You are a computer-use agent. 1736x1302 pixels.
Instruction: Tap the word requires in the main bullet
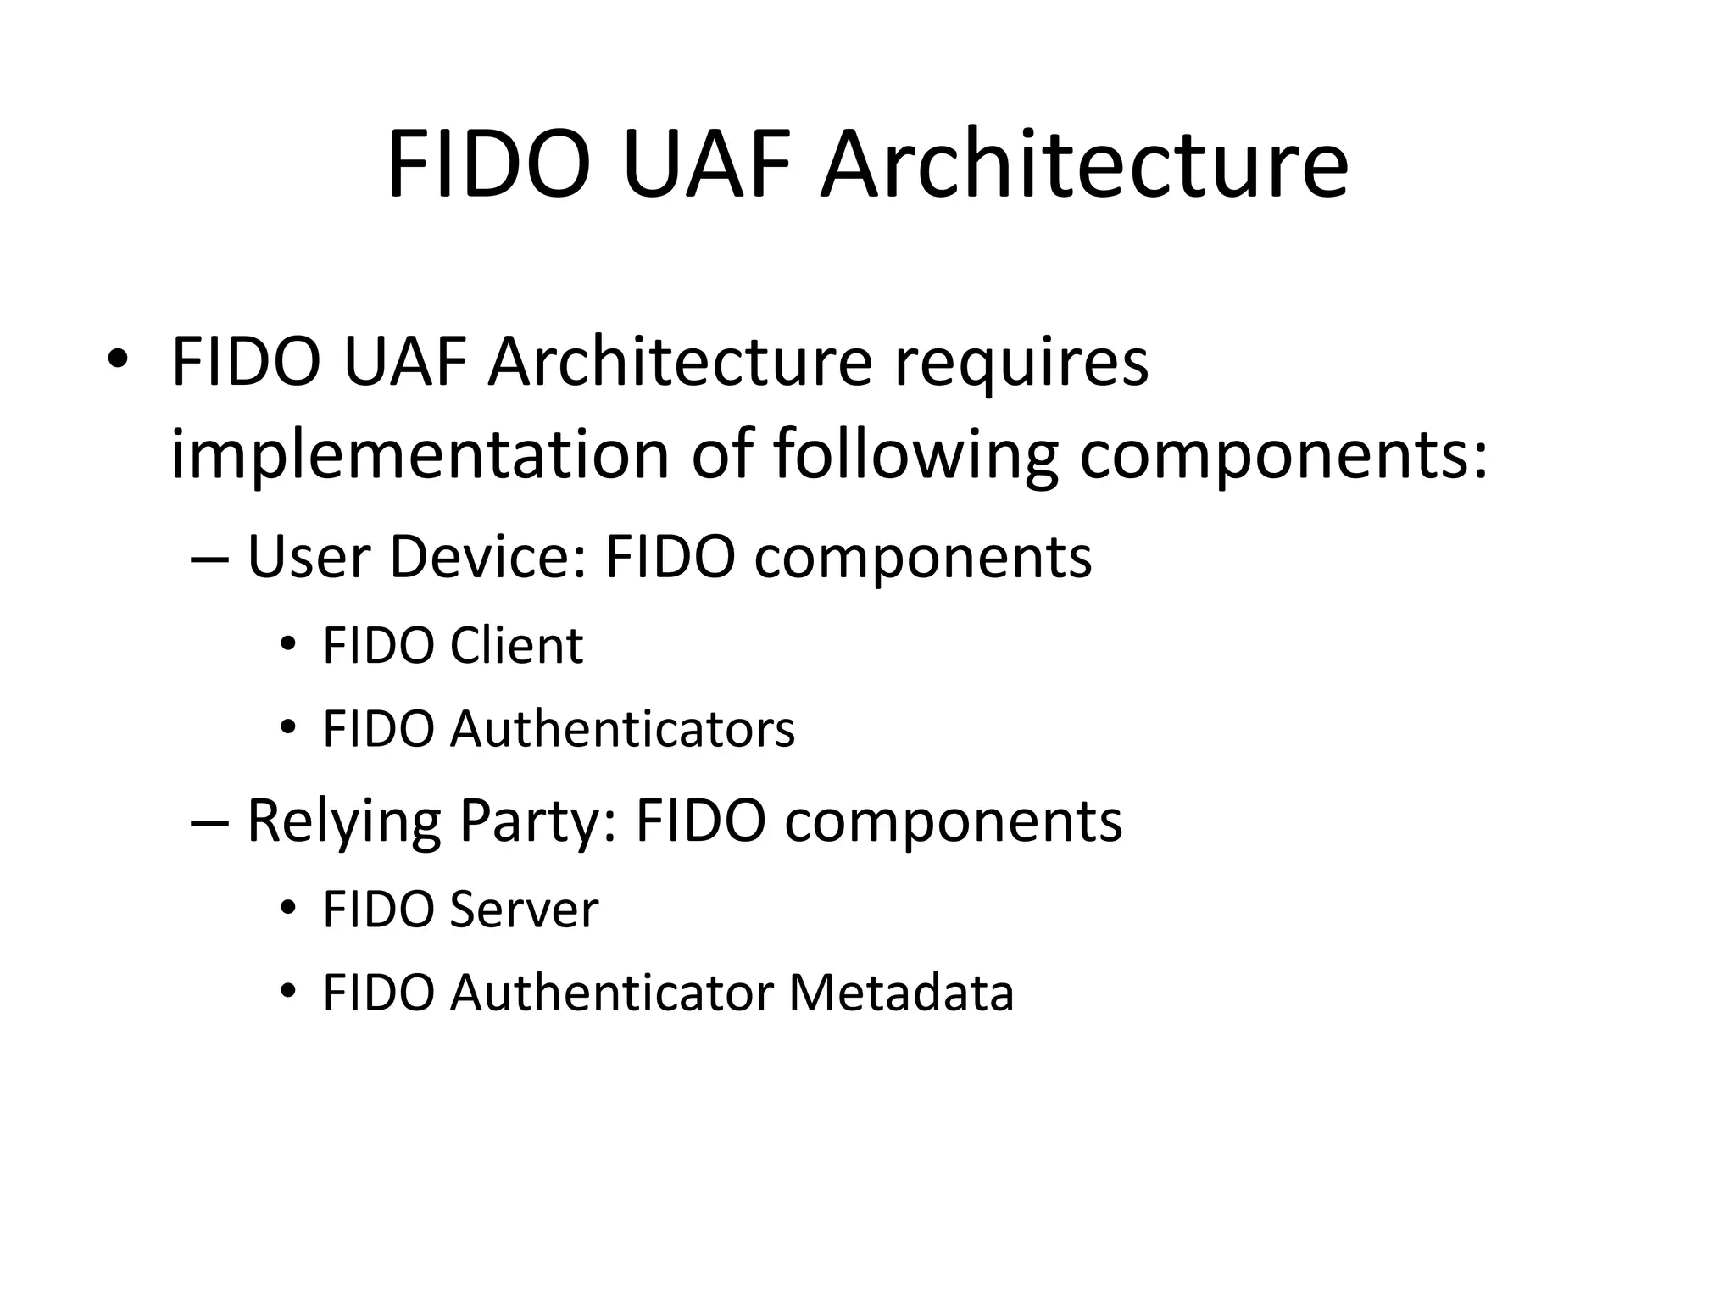pyautogui.click(x=1021, y=362)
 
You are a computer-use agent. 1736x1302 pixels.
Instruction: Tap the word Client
pyautogui.click(x=516, y=646)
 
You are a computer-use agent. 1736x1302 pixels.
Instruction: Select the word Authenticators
pyautogui.click(x=622, y=729)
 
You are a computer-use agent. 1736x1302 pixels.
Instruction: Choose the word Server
pyautogui.click(x=524, y=910)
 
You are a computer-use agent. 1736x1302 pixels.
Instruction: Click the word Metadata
pyautogui.click(x=901, y=993)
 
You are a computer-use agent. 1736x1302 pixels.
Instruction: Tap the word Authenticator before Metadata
pyautogui.click(x=611, y=993)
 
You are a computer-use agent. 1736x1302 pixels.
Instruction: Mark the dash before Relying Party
pyautogui.click(x=209, y=823)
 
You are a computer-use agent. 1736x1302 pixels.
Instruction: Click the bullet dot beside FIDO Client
pyautogui.click(x=288, y=647)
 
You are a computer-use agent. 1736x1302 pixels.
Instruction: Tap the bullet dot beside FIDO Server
pyautogui.click(x=288, y=910)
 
